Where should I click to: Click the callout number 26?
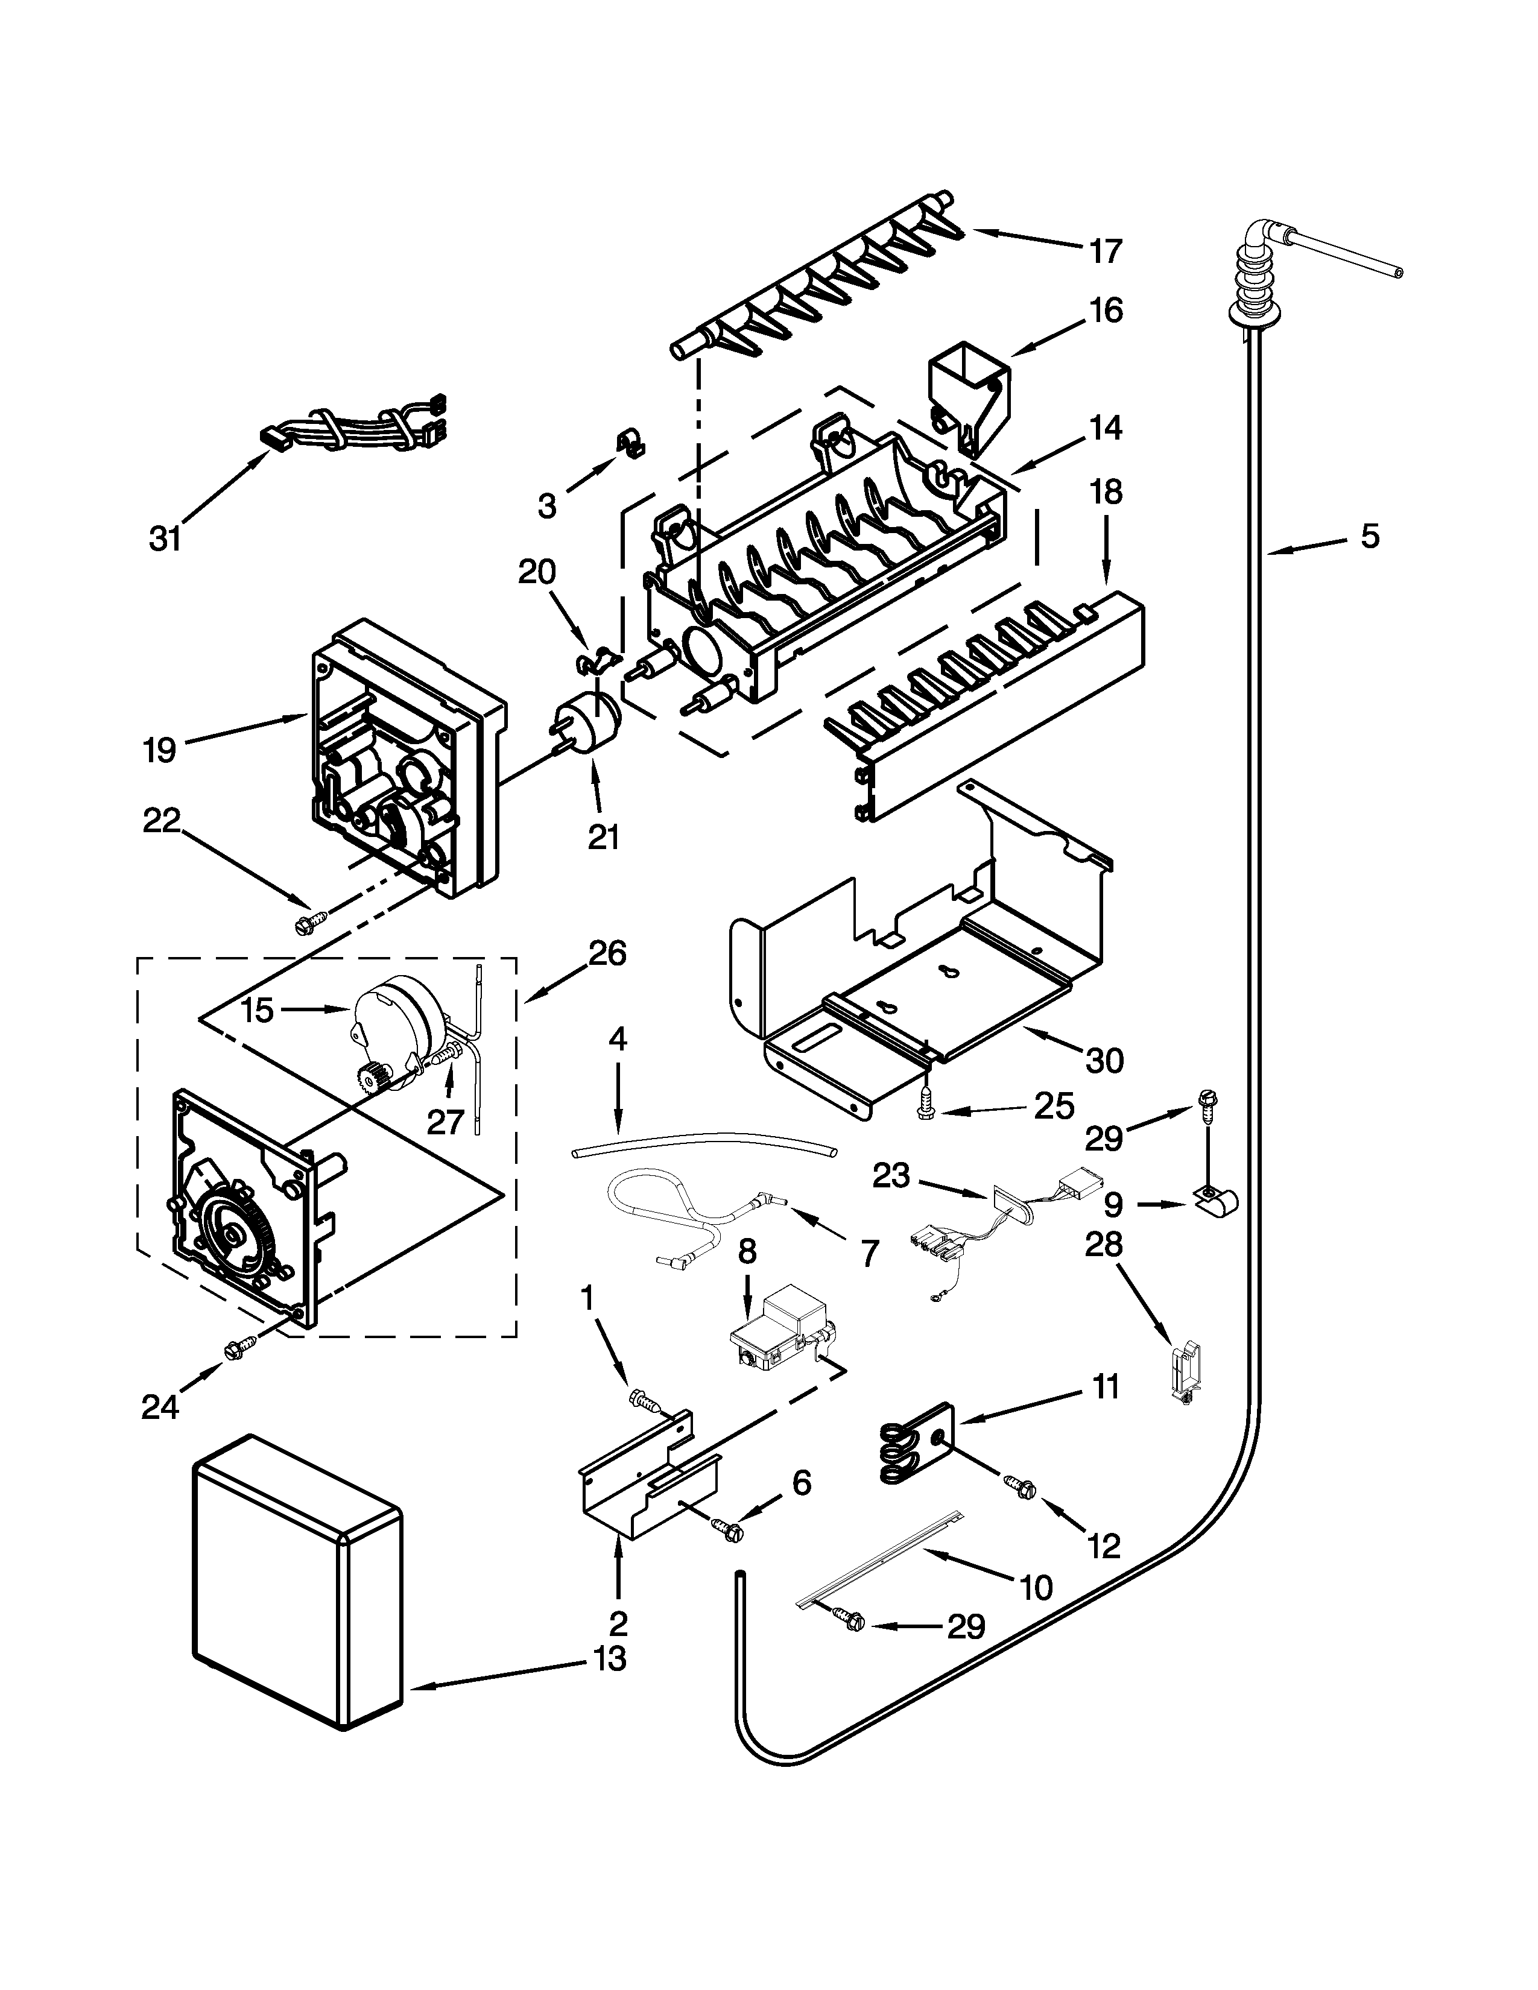click(608, 954)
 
